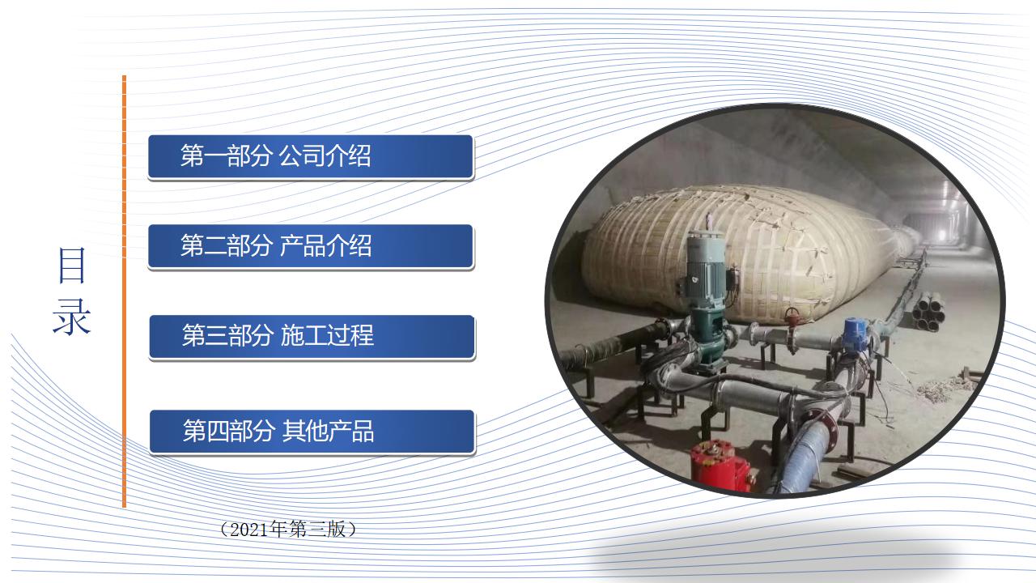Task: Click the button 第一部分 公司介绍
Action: (311, 156)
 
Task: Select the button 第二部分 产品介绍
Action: (311, 246)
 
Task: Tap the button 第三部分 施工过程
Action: (312, 336)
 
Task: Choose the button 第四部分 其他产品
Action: (312, 432)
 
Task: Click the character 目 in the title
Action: (72, 265)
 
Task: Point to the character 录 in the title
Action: (72, 317)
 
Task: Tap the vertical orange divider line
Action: (124, 291)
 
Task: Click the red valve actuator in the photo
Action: (721, 466)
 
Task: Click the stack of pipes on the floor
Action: (928, 312)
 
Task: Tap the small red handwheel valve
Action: (792, 316)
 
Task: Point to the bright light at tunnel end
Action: (941, 235)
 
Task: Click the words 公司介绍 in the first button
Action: (325, 155)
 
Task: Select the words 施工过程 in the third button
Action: (326, 335)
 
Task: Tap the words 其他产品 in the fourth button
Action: (328, 431)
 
